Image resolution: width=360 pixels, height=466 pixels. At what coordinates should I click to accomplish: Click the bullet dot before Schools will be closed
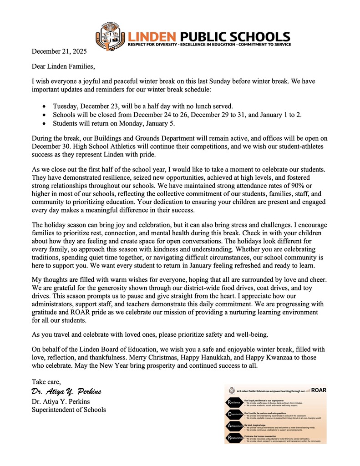click(x=43, y=115)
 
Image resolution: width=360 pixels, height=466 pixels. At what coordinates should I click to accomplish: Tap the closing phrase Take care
click(x=46, y=381)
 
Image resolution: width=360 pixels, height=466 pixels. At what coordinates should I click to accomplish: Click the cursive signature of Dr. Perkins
click(x=66, y=392)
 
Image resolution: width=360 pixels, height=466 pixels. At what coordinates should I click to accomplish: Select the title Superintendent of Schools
click(x=69, y=410)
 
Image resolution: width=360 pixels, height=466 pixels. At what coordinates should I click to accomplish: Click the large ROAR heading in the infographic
click(x=318, y=390)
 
